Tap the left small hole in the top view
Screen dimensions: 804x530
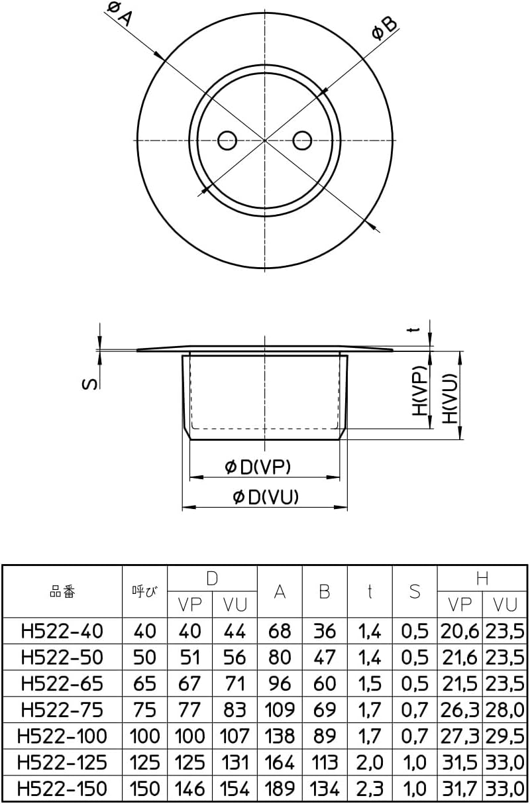tap(227, 140)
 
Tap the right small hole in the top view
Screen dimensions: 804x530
tap(303, 140)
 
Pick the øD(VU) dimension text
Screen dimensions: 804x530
tap(266, 497)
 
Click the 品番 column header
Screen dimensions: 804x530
tap(63, 591)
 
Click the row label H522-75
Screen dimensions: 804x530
tap(62, 709)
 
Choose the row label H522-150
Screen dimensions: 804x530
tap(62, 788)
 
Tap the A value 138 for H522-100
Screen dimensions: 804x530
tap(280, 736)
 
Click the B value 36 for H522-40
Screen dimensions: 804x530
tap(325, 631)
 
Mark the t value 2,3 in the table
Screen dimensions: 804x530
tap(370, 788)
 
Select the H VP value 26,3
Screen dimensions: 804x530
tap(460, 709)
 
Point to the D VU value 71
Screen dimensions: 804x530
tap(235, 683)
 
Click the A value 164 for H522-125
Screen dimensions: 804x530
tap(280, 762)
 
